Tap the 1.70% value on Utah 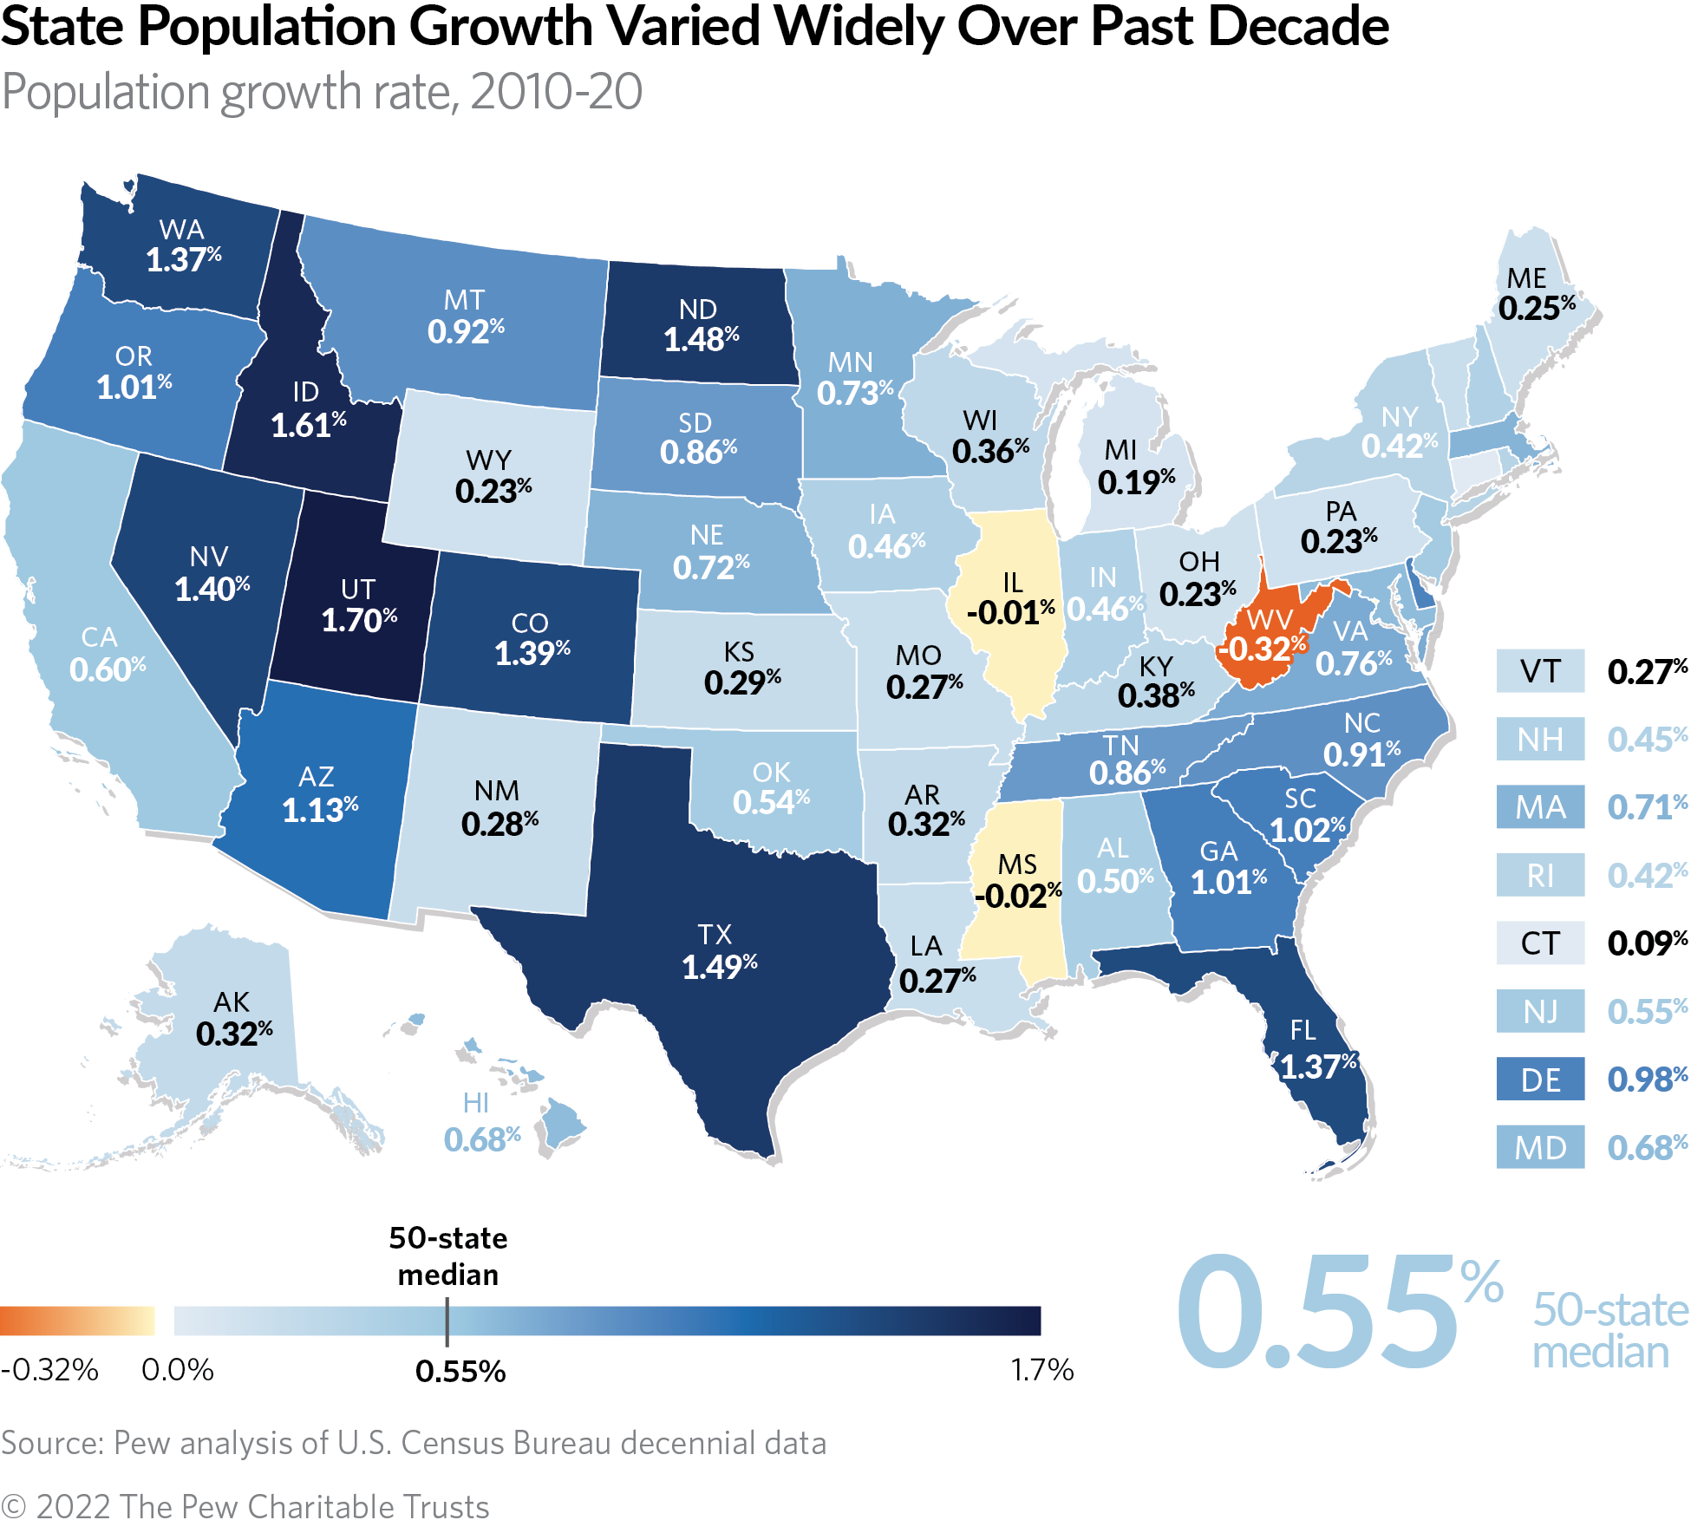(x=358, y=620)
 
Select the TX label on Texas (x=715, y=935)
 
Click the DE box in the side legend (x=1540, y=1080)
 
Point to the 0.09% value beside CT (x=1646, y=943)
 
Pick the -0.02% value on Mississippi (x=1017, y=895)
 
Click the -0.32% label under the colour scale (x=49, y=1370)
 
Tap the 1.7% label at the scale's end (x=1041, y=1370)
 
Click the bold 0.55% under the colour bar (x=460, y=1372)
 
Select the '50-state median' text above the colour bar (x=447, y=1256)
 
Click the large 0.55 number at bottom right (x=1318, y=1315)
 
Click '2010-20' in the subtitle (x=556, y=92)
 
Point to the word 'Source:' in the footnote (x=52, y=1443)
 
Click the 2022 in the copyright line (x=74, y=1505)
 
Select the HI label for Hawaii (x=475, y=1103)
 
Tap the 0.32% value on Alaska (x=233, y=1034)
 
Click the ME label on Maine (x=1526, y=278)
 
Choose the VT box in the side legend (x=1540, y=671)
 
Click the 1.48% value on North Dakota (x=701, y=339)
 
